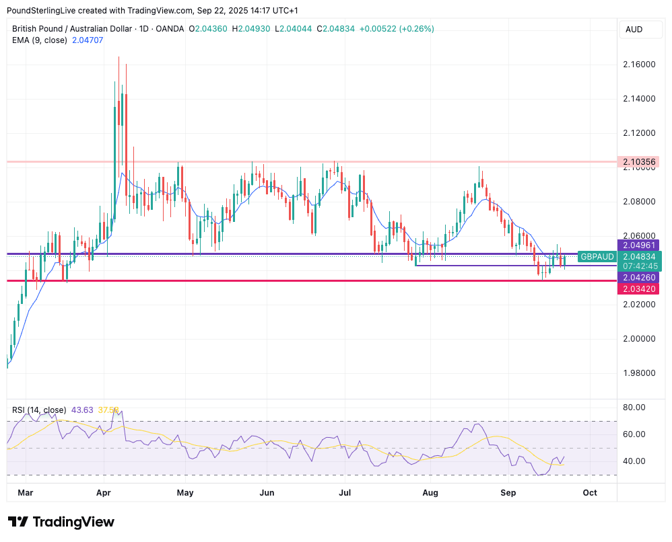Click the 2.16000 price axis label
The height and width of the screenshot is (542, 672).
[638, 65]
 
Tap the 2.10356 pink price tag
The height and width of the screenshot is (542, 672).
[637, 161]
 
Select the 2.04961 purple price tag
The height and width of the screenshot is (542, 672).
[637, 245]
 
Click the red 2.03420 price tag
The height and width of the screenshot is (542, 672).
[637, 288]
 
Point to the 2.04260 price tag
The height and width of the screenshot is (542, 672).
[637, 277]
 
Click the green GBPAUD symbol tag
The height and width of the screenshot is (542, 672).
[597, 257]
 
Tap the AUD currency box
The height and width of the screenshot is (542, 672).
[634, 30]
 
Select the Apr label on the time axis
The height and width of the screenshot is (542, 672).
[103, 493]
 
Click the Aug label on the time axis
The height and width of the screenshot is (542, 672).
[430, 493]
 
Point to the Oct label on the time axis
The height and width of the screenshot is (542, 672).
[590, 493]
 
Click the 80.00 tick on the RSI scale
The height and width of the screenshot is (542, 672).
[635, 408]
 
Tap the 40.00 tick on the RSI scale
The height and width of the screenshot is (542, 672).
[635, 461]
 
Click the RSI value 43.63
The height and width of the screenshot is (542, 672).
[83, 410]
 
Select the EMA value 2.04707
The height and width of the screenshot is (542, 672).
[89, 40]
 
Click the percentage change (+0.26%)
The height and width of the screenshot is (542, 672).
[417, 29]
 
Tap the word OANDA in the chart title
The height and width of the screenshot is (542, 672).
[168, 29]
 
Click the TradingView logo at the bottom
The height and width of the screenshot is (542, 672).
[61, 522]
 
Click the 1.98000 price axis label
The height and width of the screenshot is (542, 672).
[638, 373]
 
